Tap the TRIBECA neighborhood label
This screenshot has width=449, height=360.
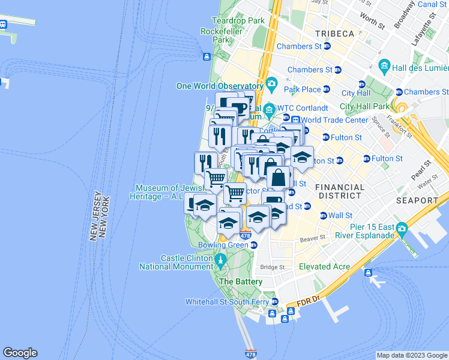[x=333, y=34]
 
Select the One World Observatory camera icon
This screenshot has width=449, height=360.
[x=272, y=83]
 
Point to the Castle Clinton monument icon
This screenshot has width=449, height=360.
[x=220, y=260]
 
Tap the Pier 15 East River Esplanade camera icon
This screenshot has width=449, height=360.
[x=402, y=229]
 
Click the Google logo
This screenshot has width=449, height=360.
[x=20, y=353]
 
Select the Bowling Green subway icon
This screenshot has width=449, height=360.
[x=254, y=245]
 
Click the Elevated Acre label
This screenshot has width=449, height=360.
[x=324, y=266]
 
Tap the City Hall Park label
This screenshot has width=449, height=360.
[x=364, y=106]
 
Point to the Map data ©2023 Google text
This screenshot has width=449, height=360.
[x=412, y=355]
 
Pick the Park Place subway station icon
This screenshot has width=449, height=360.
[x=326, y=89]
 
